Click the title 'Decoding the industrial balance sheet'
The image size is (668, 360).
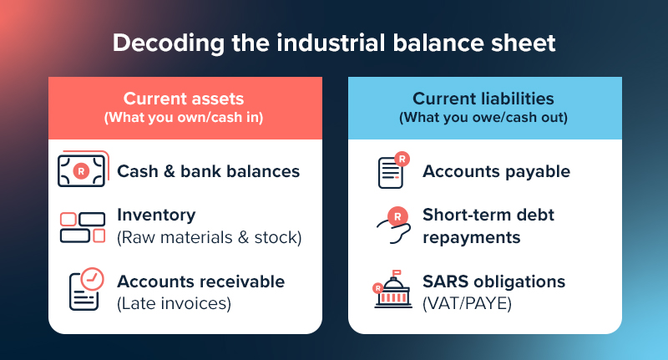pyautogui.click(x=334, y=42)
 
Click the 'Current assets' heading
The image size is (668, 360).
pyautogui.click(x=184, y=99)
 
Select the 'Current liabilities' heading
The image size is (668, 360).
pyautogui.click(x=483, y=99)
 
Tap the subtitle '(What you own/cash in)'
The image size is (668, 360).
pyautogui.click(x=184, y=118)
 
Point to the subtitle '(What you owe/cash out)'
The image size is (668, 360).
pyautogui.click(x=483, y=118)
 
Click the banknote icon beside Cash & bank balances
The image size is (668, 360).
pyautogui.click(x=82, y=170)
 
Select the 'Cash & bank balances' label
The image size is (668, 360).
pyautogui.click(x=208, y=171)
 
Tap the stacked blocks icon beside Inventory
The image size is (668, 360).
pyautogui.click(x=83, y=227)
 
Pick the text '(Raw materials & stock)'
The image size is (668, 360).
pyautogui.click(x=209, y=236)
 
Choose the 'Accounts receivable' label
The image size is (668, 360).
pyautogui.click(x=200, y=281)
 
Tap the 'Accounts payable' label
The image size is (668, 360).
pyautogui.click(x=496, y=171)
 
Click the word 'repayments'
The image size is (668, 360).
pyautogui.click(x=471, y=236)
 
